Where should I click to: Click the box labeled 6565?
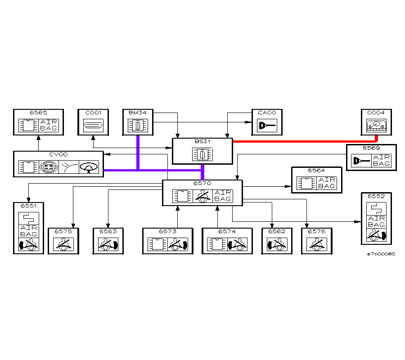(38, 122)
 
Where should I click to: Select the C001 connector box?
(93, 122)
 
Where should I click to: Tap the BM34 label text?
(137, 112)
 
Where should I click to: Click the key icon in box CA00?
(269, 126)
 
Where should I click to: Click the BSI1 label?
(202, 141)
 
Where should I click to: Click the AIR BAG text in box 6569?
(382, 160)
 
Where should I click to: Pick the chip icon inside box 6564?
(306, 183)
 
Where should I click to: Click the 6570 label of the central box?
(202, 183)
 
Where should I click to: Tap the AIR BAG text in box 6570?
(223, 196)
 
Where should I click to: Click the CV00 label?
(58, 154)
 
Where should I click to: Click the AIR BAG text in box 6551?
(28, 231)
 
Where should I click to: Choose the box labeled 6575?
(63, 241)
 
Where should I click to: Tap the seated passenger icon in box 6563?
(108, 244)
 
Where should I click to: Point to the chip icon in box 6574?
(216, 244)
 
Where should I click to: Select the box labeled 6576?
(317, 241)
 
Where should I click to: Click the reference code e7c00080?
(381, 254)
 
